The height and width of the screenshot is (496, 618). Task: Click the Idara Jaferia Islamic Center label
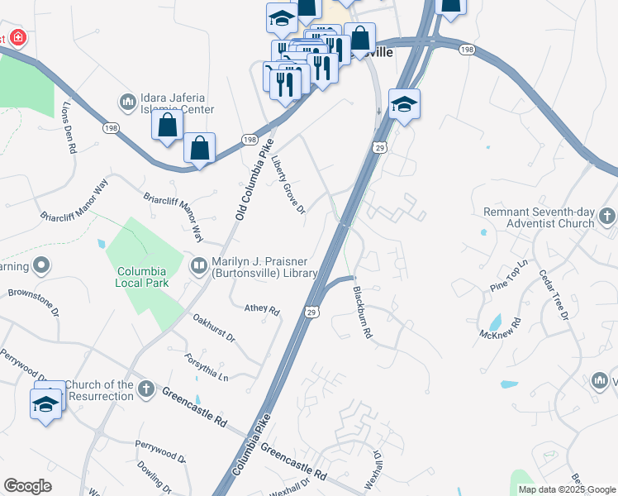click(x=177, y=103)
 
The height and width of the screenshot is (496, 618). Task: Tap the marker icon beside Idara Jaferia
click(x=127, y=102)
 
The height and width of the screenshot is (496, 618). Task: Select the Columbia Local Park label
click(x=142, y=277)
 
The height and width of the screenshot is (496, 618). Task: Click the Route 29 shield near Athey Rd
click(x=311, y=312)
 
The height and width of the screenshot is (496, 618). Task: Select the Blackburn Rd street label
click(x=362, y=312)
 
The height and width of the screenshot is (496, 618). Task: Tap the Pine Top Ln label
click(x=508, y=276)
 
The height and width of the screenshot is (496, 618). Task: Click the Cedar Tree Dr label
click(x=554, y=294)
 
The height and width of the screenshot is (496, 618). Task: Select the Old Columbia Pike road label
click(x=254, y=179)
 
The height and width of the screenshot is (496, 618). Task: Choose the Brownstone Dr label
click(x=33, y=303)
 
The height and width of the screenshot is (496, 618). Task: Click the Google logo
click(x=27, y=486)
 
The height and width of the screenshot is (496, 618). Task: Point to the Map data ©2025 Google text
click(x=566, y=489)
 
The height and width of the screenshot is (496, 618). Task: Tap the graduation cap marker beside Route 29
click(x=404, y=105)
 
